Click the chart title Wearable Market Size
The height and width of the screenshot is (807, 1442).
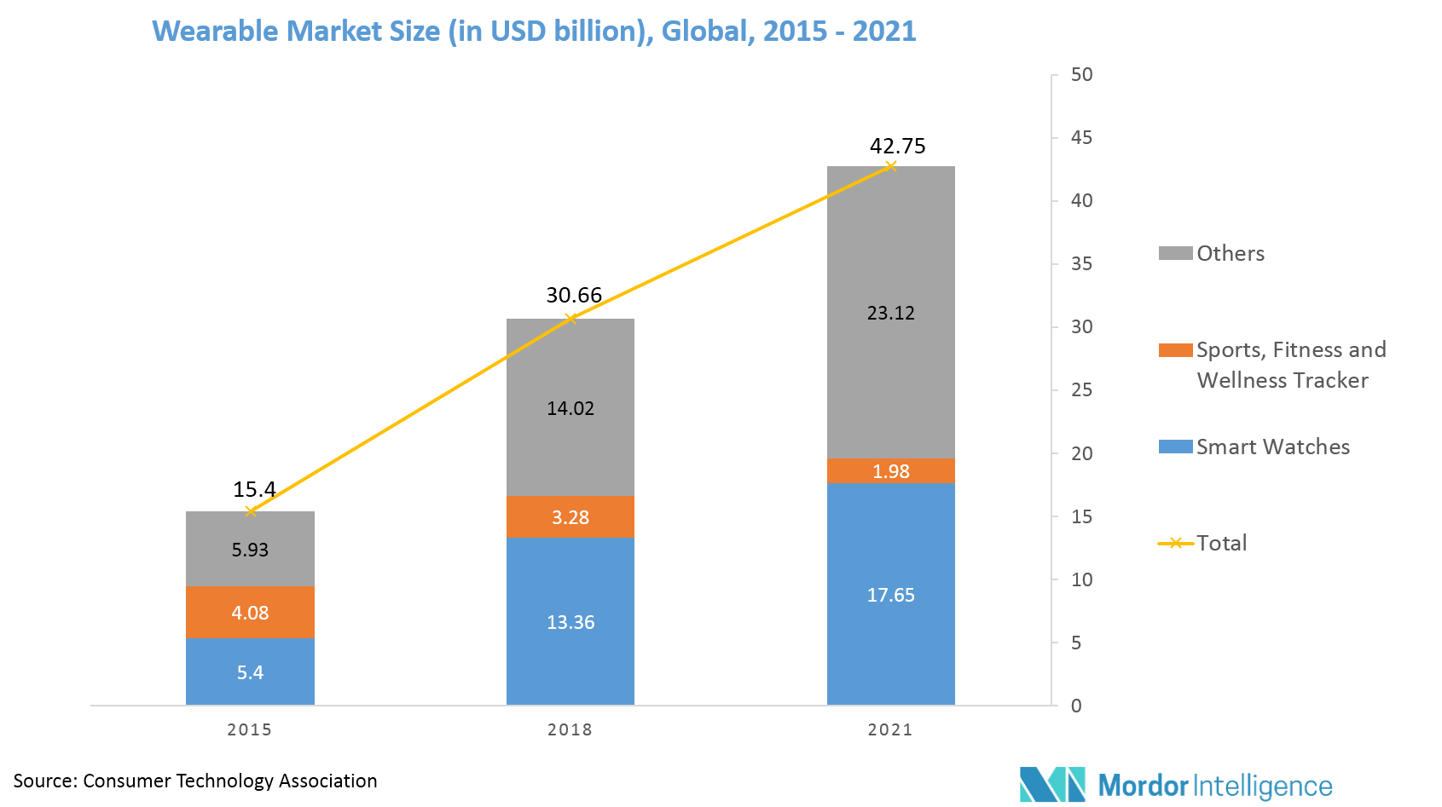pyautogui.click(x=533, y=32)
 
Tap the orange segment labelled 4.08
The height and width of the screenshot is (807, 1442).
pyautogui.click(x=250, y=613)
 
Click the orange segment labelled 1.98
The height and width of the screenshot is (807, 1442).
pyautogui.click(x=891, y=471)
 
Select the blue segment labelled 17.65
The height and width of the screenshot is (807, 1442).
pyautogui.click(x=891, y=595)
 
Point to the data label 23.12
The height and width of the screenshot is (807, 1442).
pyautogui.click(x=891, y=313)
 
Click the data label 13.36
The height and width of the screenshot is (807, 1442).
pyautogui.click(x=570, y=622)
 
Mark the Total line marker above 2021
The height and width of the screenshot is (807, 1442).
pyautogui.click(x=891, y=165)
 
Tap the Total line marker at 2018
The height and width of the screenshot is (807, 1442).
pyautogui.click(x=570, y=318)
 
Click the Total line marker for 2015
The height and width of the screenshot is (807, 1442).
pyautogui.click(x=251, y=510)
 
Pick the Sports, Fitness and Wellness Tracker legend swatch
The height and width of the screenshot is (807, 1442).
pyautogui.click(x=1175, y=350)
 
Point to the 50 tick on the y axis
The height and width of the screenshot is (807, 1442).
pyautogui.click(x=1081, y=75)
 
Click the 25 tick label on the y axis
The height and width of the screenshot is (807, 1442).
pyautogui.click(x=1081, y=390)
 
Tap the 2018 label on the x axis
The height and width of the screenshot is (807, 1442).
pyautogui.click(x=570, y=729)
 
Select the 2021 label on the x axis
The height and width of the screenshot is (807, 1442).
pyautogui.click(x=890, y=729)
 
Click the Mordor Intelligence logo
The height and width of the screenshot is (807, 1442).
pyautogui.click(x=1176, y=784)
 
